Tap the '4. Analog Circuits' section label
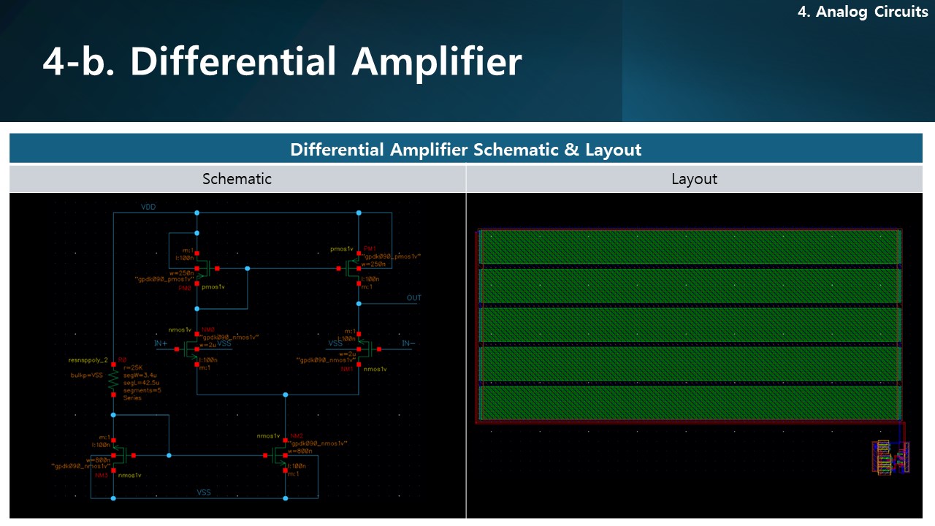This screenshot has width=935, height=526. pos(862,12)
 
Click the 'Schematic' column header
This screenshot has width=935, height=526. pos(237,179)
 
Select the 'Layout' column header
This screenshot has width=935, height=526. pos(694,179)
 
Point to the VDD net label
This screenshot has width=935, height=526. pos(148,207)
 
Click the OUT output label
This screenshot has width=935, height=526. pos(414,298)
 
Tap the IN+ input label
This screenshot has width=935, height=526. pos(161,343)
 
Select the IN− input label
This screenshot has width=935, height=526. pos(408,343)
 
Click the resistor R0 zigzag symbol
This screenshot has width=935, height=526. pos(113,378)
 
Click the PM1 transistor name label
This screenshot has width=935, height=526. pos(370,248)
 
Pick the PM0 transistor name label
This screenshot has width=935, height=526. pos(185,288)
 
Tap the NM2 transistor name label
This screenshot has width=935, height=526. pos(297,435)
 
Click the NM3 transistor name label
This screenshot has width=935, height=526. pos(101,474)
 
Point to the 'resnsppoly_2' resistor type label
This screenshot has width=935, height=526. pos(88,360)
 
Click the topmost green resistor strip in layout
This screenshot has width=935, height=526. pos(690,247)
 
